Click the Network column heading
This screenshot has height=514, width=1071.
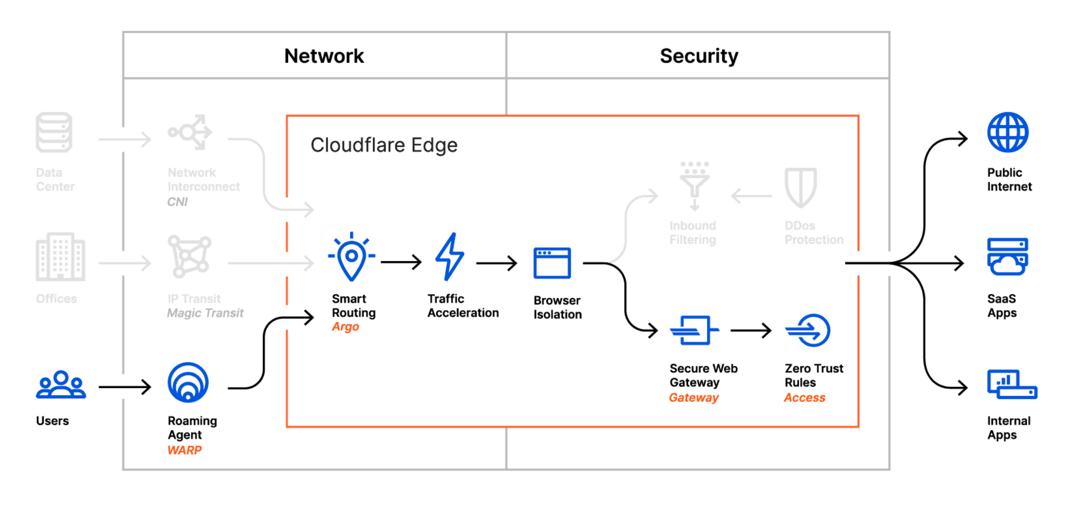point(324,56)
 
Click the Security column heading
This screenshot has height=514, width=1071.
point(699,56)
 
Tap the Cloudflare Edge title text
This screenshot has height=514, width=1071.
point(384,145)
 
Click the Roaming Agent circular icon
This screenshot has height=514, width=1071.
point(188,383)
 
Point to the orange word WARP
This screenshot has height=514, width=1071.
point(185,450)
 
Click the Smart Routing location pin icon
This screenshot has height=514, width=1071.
point(352,258)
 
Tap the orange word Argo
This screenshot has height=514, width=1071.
point(345,327)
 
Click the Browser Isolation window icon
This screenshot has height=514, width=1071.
point(552,263)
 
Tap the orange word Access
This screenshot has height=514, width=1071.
point(805,398)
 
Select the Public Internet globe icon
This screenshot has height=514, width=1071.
point(1008,132)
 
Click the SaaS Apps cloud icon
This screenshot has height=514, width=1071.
point(1007,256)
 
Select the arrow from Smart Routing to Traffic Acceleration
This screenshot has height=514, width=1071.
point(401,262)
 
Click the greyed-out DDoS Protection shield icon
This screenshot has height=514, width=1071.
point(801,187)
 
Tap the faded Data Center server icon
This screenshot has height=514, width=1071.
point(54,132)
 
